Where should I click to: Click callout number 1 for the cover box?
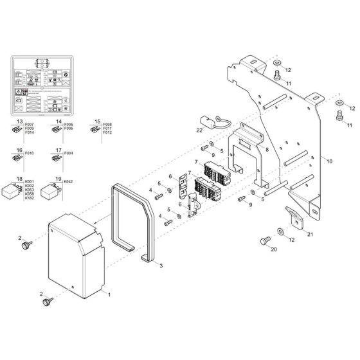click(109, 293)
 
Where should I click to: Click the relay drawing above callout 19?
click(51, 192)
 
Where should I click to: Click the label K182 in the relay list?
click(30, 198)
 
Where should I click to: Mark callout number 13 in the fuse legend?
click(19, 121)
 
